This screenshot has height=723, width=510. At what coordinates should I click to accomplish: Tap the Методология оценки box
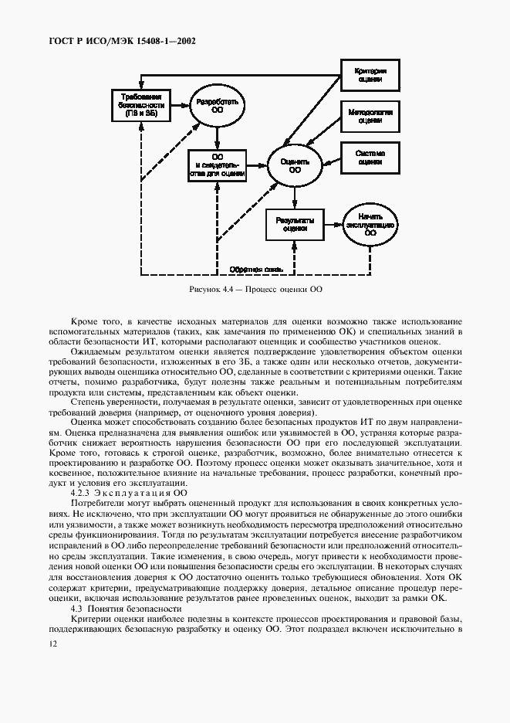point(370,117)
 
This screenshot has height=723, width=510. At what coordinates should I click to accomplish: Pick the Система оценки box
point(370,157)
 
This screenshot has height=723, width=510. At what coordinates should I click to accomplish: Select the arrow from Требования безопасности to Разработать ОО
point(179,104)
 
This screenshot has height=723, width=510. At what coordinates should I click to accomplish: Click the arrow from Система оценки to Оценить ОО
point(330,161)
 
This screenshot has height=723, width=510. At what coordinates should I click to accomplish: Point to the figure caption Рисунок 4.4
point(255,290)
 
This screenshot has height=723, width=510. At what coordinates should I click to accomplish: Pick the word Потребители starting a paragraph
point(99,503)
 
